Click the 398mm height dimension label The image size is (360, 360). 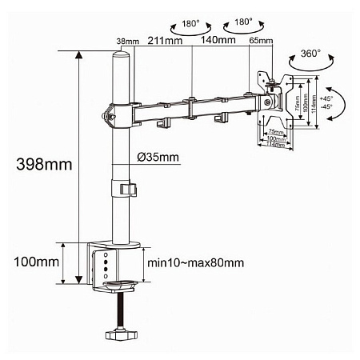click(34, 164)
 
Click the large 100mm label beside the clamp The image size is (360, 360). click(35, 262)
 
